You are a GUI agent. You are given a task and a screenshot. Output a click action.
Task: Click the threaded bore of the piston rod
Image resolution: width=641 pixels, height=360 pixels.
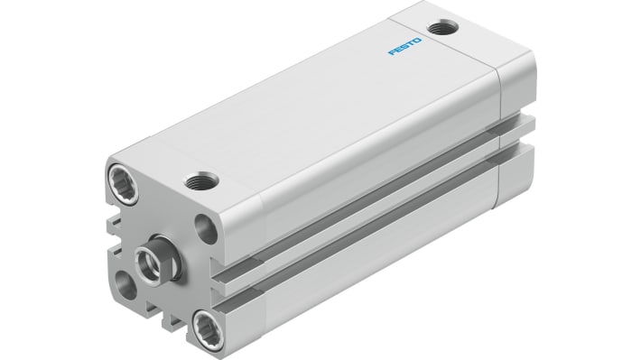pos(144,261)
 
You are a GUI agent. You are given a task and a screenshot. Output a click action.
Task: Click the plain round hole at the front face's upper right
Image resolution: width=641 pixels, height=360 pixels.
pos(204,227)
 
